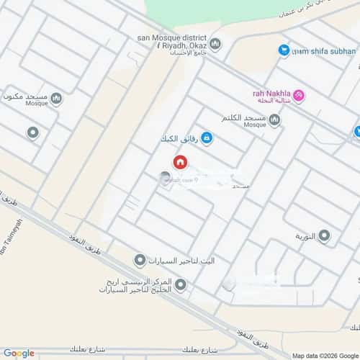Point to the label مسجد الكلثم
tap(244, 118)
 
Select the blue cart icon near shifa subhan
tap(284, 50)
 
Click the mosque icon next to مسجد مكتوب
tap(56, 99)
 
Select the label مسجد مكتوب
tap(26, 96)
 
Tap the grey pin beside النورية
tap(325, 235)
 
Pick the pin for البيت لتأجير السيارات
tap(140, 259)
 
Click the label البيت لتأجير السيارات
tap(177, 259)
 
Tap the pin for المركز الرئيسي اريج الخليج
tap(180, 286)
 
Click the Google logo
tap(18, 353)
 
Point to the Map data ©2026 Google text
tap(324, 355)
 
